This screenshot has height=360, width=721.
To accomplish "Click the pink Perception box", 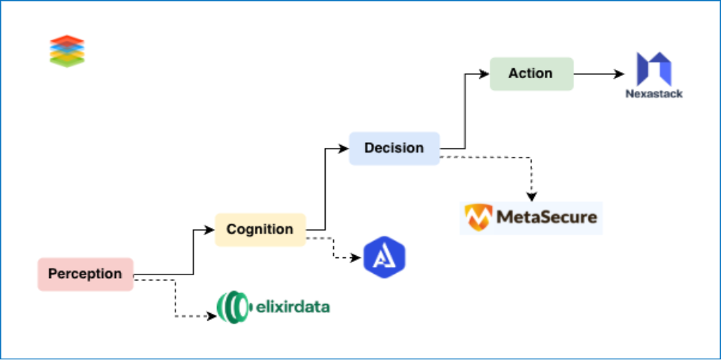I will pos(85,274).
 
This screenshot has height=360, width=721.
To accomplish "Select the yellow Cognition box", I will pos(260,229).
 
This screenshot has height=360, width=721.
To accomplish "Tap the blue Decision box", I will pos(394,148).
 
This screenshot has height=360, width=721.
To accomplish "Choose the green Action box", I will pos(531,74).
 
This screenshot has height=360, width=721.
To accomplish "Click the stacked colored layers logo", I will pos(67,51).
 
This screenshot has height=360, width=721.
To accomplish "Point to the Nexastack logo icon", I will pos(655,68).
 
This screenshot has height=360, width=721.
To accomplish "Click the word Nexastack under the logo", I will pos(655,94).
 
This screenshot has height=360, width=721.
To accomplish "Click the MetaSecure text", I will pos(546,218).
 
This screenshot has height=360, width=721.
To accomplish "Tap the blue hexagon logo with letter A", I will pos(384,258).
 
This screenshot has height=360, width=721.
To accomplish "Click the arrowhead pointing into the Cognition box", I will pos(210,230).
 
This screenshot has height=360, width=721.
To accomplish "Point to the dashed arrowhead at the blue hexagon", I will pos(358,257).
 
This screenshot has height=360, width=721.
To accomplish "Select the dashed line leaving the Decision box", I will pos(483,157).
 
